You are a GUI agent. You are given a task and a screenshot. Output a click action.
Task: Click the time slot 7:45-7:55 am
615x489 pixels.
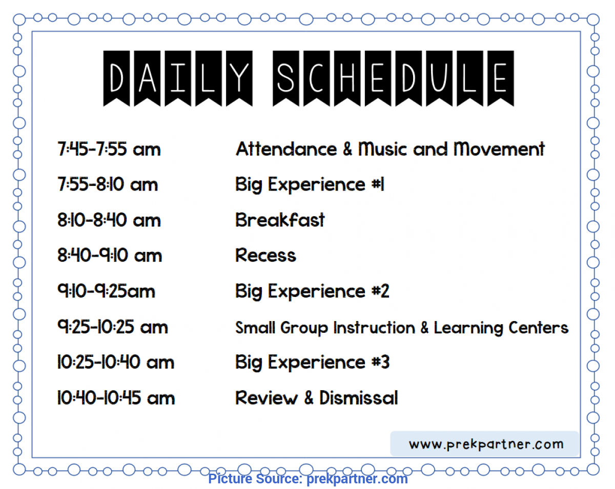coord(109,149)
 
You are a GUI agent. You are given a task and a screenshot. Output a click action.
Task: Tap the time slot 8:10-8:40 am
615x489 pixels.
coord(109,220)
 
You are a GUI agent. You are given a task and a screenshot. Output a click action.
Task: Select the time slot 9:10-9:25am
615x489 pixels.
coord(106,291)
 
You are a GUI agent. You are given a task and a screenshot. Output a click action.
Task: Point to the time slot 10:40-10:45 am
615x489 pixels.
coord(116,397)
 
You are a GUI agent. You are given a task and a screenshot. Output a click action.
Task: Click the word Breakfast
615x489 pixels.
coord(280,220)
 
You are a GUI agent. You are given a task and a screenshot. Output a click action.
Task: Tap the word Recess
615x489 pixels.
coord(266,255)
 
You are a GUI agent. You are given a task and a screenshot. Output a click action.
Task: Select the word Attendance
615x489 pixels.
coord(286,149)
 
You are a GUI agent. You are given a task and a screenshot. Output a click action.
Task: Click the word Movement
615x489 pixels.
coord(499,149)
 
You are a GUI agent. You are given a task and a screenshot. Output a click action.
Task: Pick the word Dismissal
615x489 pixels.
coord(359,397)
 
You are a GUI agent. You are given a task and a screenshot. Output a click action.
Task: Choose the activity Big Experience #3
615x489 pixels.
coord(312,363)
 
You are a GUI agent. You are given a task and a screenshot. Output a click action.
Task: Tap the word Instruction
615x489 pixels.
coord(374,327)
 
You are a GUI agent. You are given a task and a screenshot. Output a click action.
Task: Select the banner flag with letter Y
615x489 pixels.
coord(239,78)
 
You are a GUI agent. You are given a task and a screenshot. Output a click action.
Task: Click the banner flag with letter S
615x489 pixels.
coord(286,78)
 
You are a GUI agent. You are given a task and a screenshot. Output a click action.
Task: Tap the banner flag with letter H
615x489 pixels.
coord(347,78)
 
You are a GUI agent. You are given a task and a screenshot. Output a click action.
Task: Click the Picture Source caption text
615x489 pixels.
coord(308,479)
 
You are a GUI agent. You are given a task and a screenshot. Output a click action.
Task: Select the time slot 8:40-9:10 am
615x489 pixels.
coord(110,255)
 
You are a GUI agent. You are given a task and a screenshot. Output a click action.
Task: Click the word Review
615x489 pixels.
coord(266,397)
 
